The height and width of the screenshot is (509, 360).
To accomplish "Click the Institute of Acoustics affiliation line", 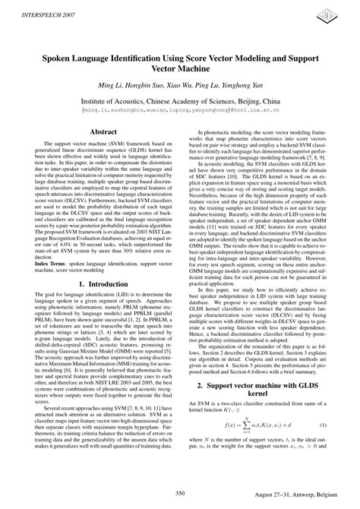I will coord(180,100).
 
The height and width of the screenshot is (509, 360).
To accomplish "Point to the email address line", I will coord(180,110).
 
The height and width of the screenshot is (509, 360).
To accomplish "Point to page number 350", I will coord(179,495).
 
